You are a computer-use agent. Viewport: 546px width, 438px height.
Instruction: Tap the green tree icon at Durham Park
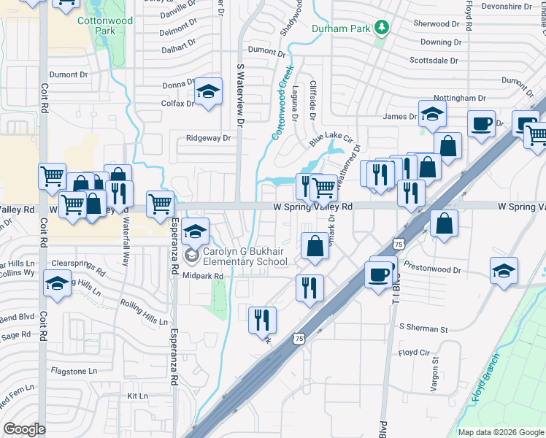click(380, 28)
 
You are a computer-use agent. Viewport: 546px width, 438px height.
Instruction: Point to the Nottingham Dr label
click(460, 98)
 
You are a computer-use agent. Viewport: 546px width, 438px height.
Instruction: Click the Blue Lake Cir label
click(331, 138)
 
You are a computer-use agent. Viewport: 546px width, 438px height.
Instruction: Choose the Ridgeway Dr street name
click(208, 138)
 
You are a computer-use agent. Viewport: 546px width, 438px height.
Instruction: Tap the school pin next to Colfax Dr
click(208, 93)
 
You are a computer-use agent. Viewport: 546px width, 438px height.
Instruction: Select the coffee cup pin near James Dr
click(481, 125)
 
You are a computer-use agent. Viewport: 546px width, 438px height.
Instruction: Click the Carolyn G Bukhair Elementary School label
click(245, 256)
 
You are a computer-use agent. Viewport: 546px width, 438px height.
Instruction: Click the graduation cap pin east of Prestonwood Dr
click(504, 272)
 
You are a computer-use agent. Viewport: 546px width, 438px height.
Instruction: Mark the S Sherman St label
click(423, 330)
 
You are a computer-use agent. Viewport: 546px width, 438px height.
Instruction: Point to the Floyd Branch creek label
click(486, 378)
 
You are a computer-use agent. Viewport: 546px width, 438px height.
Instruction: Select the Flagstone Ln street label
click(73, 371)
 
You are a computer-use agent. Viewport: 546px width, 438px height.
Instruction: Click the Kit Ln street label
click(137, 396)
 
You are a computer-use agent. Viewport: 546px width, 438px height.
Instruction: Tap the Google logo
click(25, 429)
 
